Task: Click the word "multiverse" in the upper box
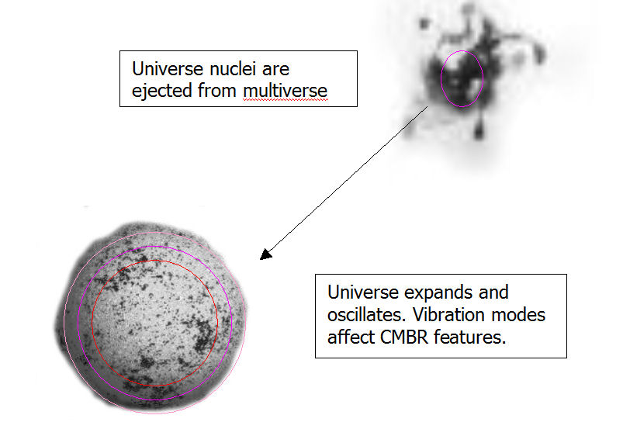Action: click(286, 91)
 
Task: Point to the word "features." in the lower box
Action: click(470, 337)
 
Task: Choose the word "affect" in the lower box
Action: click(351, 337)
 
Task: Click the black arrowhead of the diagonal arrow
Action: click(266, 254)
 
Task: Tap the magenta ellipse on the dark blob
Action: click(441, 78)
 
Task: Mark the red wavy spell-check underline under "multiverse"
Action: click(286, 100)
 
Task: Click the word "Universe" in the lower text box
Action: click(363, 292)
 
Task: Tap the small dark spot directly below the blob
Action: click(479, 130)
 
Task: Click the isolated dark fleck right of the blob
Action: click(539, 54)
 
